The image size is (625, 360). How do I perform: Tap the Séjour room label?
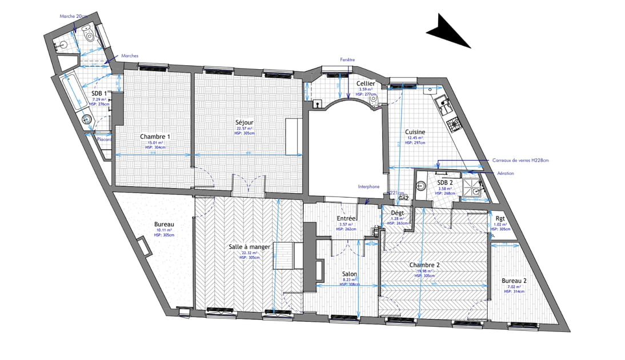(244, 123)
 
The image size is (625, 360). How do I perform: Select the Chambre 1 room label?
(154, 137)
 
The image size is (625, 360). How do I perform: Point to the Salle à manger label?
(249, 246)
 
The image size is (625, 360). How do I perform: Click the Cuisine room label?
(415, 132)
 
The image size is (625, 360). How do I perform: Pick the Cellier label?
(366, 84)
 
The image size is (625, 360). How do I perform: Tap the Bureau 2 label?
(514, 281)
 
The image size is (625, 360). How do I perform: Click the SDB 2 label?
(446, 182)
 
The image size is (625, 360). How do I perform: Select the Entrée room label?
(347, 219)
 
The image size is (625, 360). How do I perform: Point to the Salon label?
(350, 274)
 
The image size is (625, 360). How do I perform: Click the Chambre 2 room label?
(424, 265)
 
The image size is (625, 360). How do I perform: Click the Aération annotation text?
(506, 173)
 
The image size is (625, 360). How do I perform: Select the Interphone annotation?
(369, 186)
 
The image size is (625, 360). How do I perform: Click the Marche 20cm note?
(74, 16)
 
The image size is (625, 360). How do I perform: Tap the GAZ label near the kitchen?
(404, 198)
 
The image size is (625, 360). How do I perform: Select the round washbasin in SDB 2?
(422, 185)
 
